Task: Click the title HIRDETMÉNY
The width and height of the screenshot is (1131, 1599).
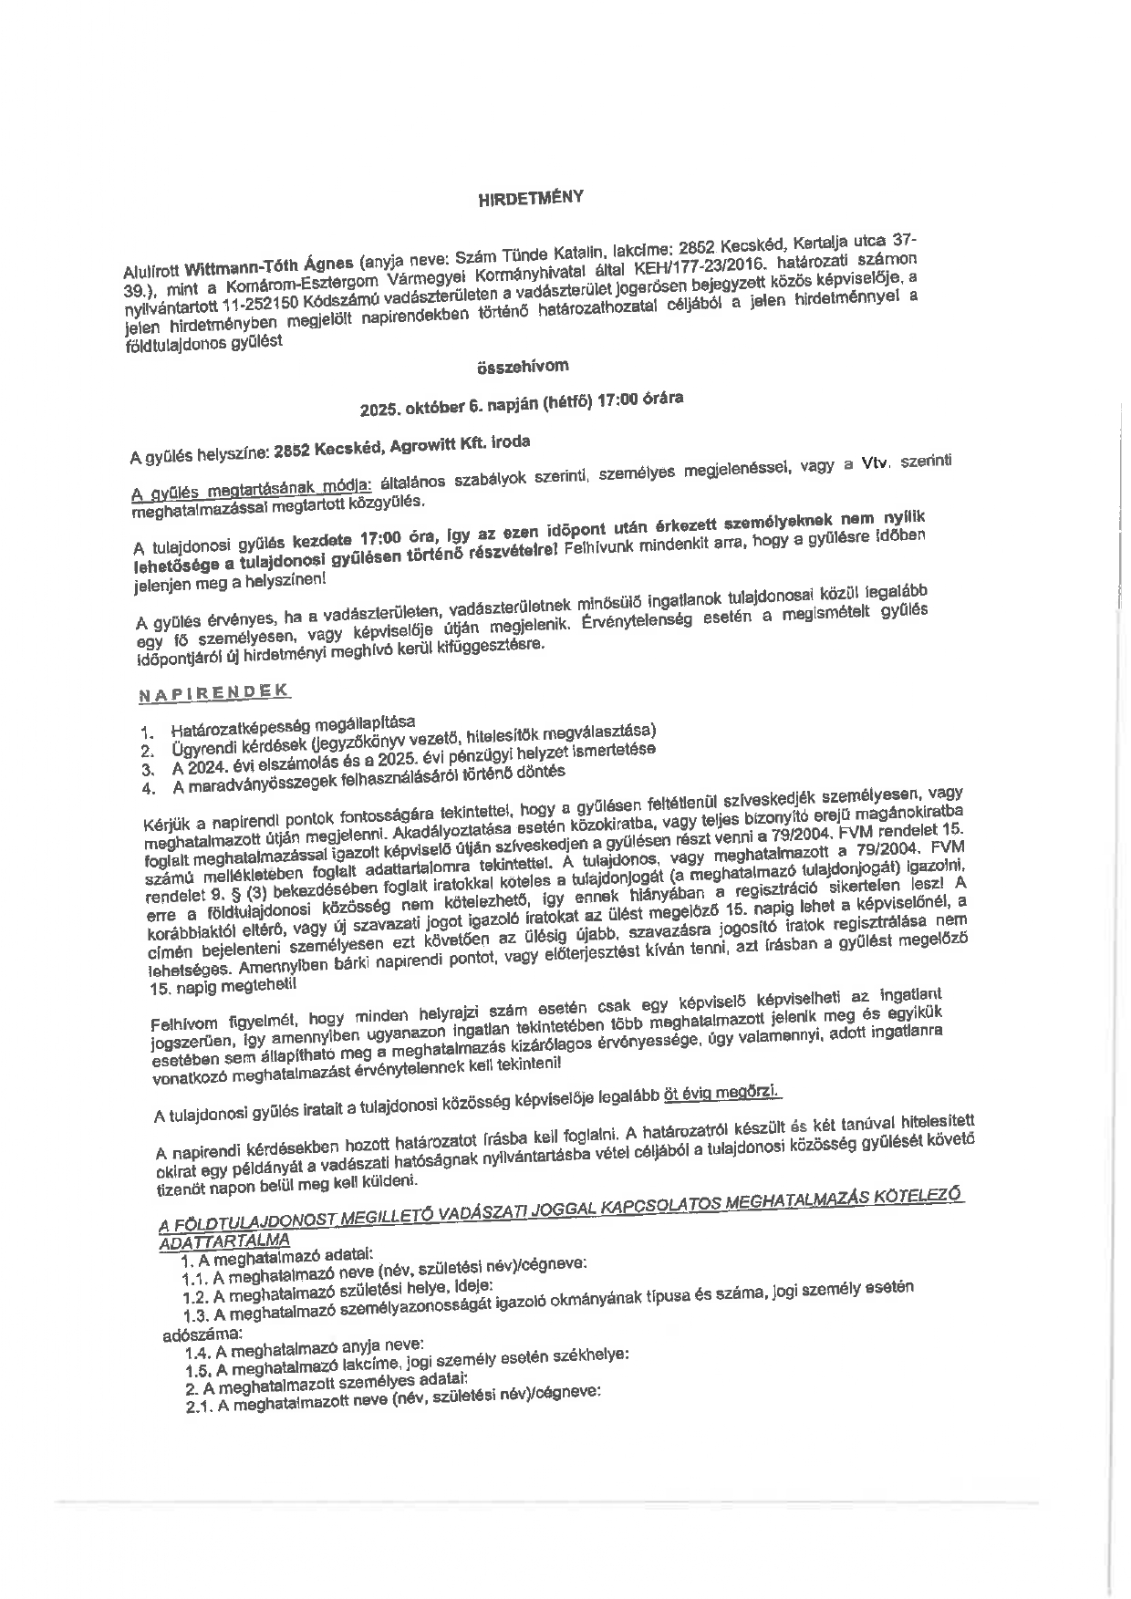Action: coord(530,198)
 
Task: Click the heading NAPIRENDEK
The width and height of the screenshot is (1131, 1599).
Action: coord(214,692)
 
